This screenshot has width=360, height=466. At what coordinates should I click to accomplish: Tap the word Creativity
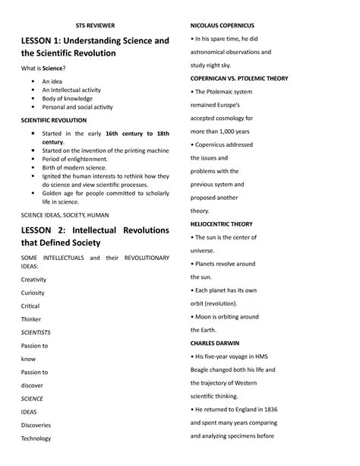point(33,279)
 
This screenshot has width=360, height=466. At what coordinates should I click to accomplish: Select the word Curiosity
point(32,292)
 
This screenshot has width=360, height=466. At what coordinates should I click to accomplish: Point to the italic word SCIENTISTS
point(36,332)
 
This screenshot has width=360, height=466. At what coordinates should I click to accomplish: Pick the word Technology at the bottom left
point(35,438)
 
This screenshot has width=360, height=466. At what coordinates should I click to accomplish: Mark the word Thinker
point(30,319)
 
